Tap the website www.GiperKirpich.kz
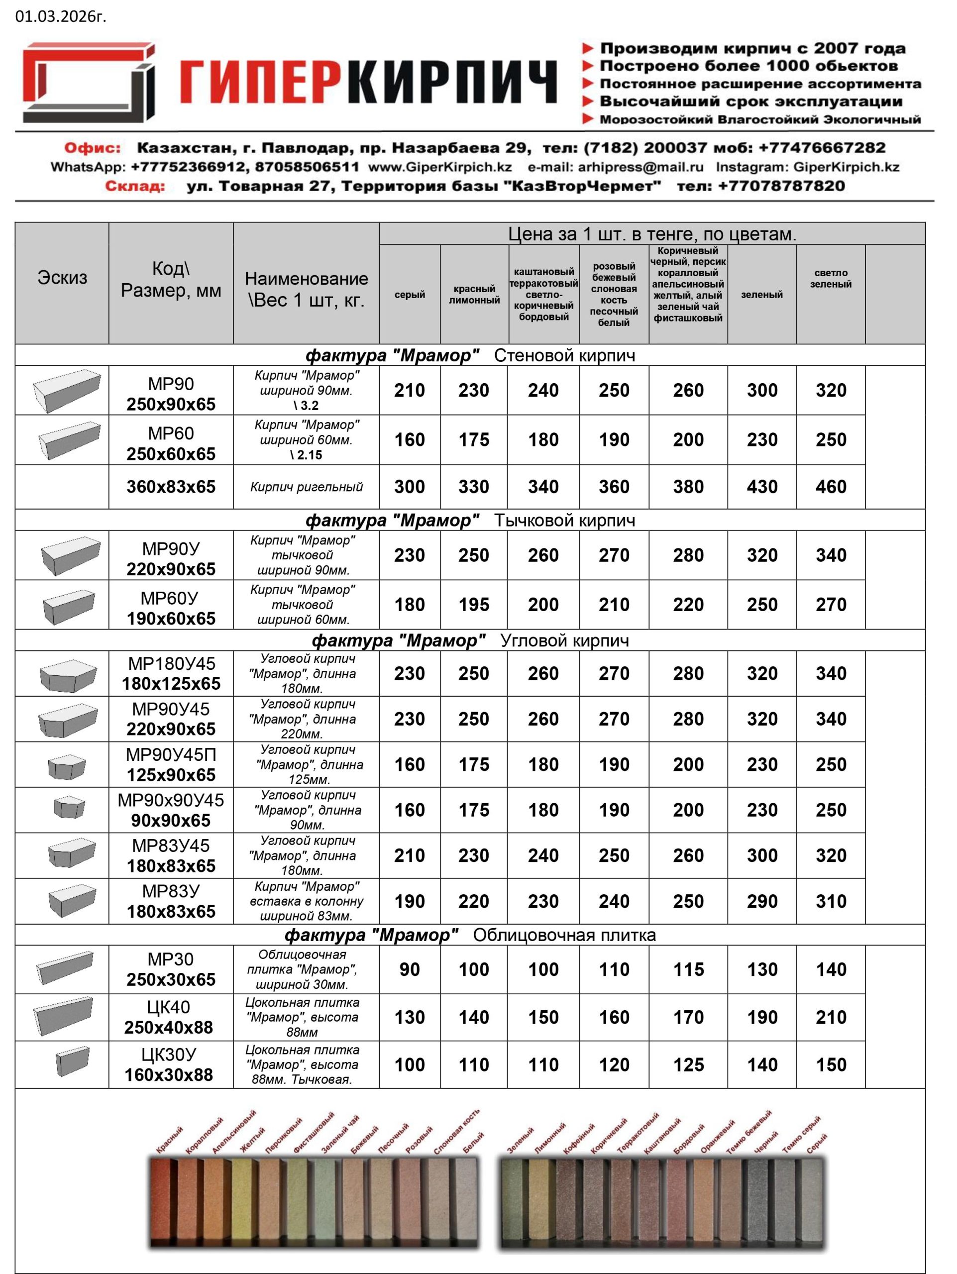[440, 167]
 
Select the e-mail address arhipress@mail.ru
[640, 167]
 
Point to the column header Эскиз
[62, 278]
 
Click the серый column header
[410, 294]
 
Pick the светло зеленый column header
[830, 278]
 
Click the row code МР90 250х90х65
[171, 394]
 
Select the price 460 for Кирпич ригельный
[830, 487]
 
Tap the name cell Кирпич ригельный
[307, 487]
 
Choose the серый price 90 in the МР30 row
[410, 969]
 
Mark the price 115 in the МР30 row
[688, 969]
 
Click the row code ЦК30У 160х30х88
[169, 1064]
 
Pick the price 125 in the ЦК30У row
[688, 1065]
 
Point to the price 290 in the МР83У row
[762, 901]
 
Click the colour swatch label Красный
[169, 1140]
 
